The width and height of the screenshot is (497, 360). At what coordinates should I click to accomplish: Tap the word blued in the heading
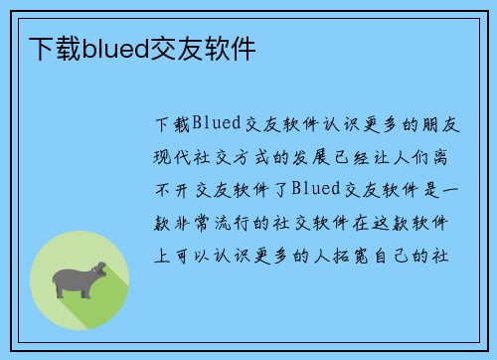click(114, 48)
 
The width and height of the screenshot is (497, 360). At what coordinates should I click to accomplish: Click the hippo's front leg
click(88, 289)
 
